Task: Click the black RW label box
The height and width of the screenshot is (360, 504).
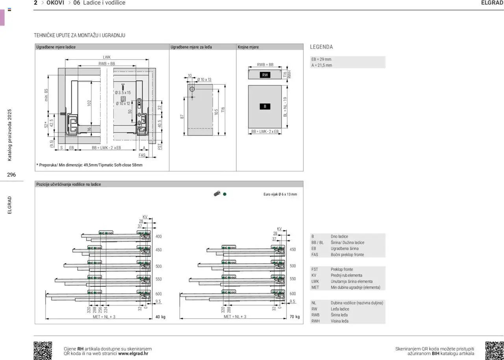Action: [265, 75]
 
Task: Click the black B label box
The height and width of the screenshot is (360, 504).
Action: [265, 106]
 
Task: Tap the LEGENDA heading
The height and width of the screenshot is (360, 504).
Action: [321, 47]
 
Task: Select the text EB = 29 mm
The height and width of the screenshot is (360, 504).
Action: [321, 59]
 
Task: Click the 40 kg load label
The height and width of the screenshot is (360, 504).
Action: [160, 317]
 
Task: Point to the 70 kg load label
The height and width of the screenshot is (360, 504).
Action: [295, 317]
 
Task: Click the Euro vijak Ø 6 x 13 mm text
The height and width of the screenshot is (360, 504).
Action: [280, 194]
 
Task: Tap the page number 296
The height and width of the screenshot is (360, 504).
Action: [11, 175]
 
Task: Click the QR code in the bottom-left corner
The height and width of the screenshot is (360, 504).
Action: [43, 351]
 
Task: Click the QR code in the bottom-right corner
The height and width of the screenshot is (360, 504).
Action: [495, 351]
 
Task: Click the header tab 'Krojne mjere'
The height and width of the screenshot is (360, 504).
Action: [248, 47]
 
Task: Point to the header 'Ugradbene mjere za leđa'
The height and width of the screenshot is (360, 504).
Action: [191, 47]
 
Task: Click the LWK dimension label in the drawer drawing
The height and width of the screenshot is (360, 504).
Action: [107, 57]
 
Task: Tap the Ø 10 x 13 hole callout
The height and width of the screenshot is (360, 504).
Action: [204, 79]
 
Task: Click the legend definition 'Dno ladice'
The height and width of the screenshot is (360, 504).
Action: [339, 236]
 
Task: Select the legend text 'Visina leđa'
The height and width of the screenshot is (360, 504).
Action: [339, 321]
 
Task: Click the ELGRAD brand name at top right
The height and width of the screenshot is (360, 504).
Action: [492, 3]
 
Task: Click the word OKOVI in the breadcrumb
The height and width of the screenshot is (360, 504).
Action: [56, 3]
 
